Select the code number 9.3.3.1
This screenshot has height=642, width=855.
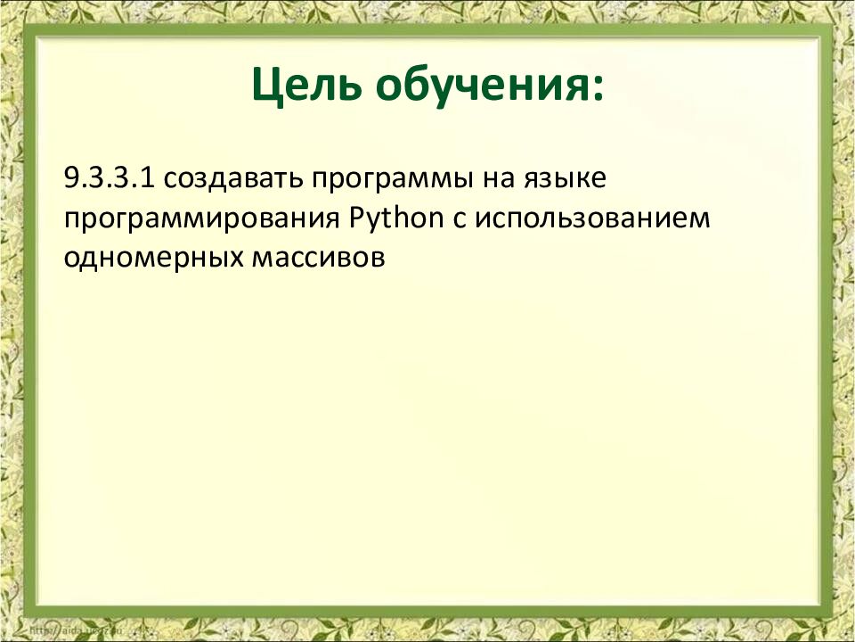(110, 177)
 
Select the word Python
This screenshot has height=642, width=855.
(395, 219)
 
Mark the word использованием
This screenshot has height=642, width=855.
(592, 218)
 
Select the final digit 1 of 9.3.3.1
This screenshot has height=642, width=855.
(149, 177)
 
